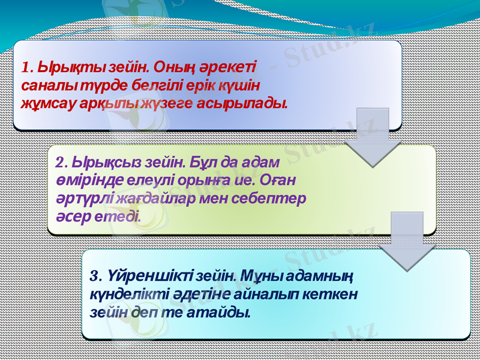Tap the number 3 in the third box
pos(93,276)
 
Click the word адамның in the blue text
pos(323,276)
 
